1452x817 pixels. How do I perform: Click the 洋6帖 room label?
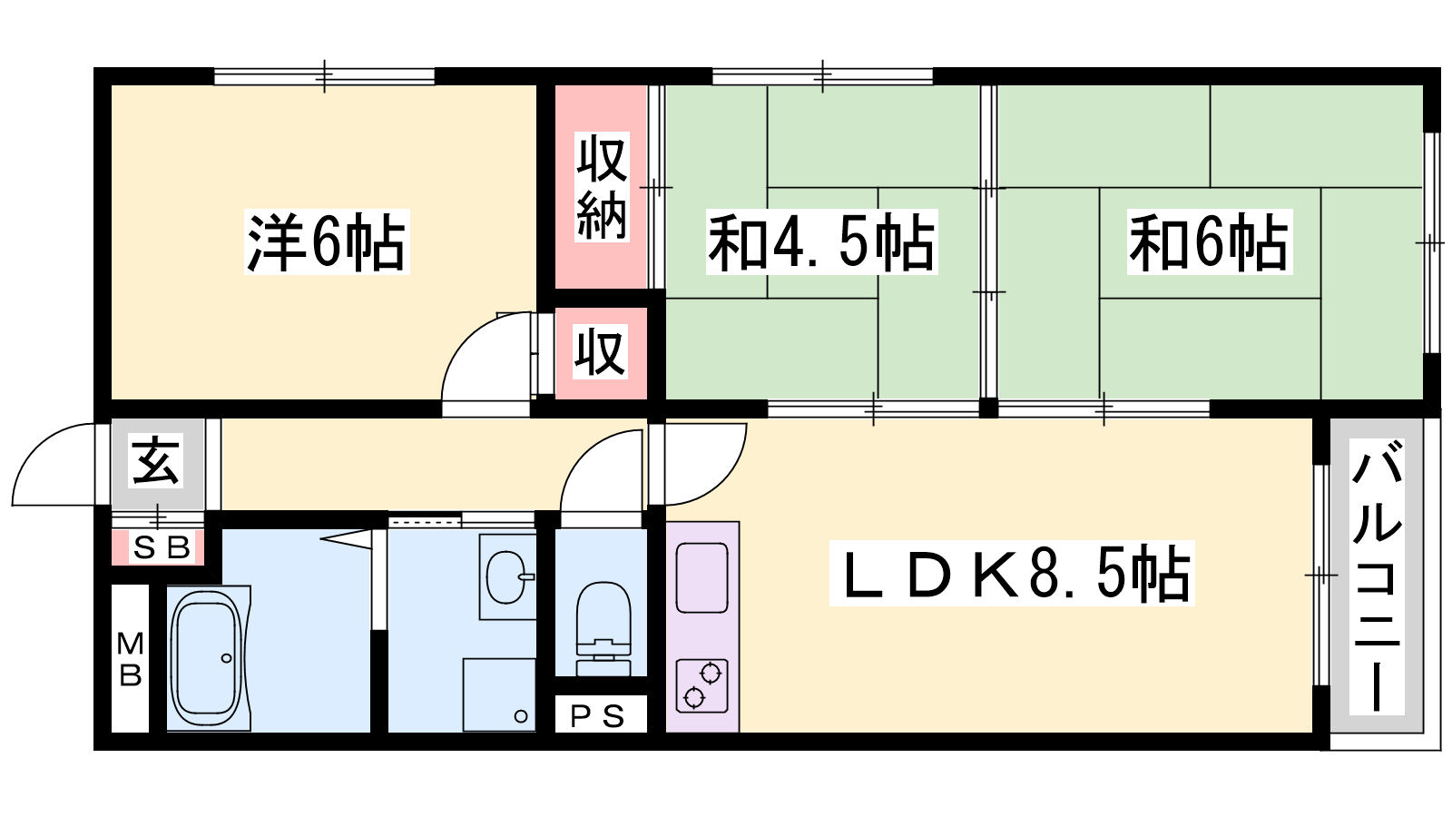(x=326, y=241)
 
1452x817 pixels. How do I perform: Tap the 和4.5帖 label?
(x=821, y=241)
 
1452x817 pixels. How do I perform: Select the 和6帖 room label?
(x=1209, y=241)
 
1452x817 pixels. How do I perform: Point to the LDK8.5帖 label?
(x=1012, y=573)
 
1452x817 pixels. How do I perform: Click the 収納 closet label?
(x=602, y=187)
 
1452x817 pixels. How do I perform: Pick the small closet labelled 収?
(x=600, y=352)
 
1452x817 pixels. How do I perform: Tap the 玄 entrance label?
(x=155, y=461)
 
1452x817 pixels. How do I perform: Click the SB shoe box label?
(x=161, y=548)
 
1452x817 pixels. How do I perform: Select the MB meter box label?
(x=131, y=659)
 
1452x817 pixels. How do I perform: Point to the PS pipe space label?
(x=597, y=716)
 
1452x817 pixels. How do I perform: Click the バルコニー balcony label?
(x=1376, y=576)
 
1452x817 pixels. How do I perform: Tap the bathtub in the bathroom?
(x=208, y=658)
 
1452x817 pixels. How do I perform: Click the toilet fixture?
(x=603, y=628)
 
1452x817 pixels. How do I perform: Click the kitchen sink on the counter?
(x=702, y=577)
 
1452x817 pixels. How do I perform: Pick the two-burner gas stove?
(x=702, y=686)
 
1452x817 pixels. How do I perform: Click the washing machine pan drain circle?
(x=521, y=716)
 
